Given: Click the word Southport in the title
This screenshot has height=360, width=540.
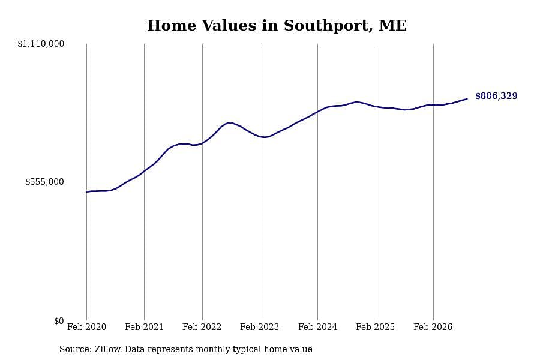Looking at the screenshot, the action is [x=328, y=26].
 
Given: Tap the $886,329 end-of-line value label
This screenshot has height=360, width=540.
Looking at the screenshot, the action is [x=496, y=96].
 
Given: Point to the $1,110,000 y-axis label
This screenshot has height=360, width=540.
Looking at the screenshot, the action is [x=41, y=44].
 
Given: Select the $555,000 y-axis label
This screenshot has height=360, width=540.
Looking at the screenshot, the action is [x=44, y=182].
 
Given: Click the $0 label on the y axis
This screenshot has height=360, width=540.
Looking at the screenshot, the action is [x=59, y=321].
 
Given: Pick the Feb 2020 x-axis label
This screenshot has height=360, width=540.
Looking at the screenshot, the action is [x=86, y=327].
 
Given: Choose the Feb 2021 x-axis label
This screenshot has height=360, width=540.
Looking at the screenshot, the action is [x=144, y=327].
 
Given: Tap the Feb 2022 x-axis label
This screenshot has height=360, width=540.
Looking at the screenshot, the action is [x=202, y=327].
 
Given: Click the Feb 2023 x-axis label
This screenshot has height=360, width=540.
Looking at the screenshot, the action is [x=259, y=327].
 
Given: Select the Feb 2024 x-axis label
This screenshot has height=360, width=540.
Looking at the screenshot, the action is [x=317, y=327].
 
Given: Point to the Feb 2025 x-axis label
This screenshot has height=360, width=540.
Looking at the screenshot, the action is [x=375, y=327].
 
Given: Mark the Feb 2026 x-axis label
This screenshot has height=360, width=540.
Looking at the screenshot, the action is [x=433, y=327].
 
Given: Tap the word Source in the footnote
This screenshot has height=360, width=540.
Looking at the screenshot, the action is [x=76, y=349].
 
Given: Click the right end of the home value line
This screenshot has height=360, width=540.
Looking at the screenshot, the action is [x=467, y=99].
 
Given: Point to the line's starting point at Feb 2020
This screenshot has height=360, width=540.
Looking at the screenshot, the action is [x=86, y=191].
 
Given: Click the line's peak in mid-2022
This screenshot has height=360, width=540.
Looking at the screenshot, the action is [x=230, y=122].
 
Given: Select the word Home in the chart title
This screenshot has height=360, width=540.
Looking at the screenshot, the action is [x=172, y=26].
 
